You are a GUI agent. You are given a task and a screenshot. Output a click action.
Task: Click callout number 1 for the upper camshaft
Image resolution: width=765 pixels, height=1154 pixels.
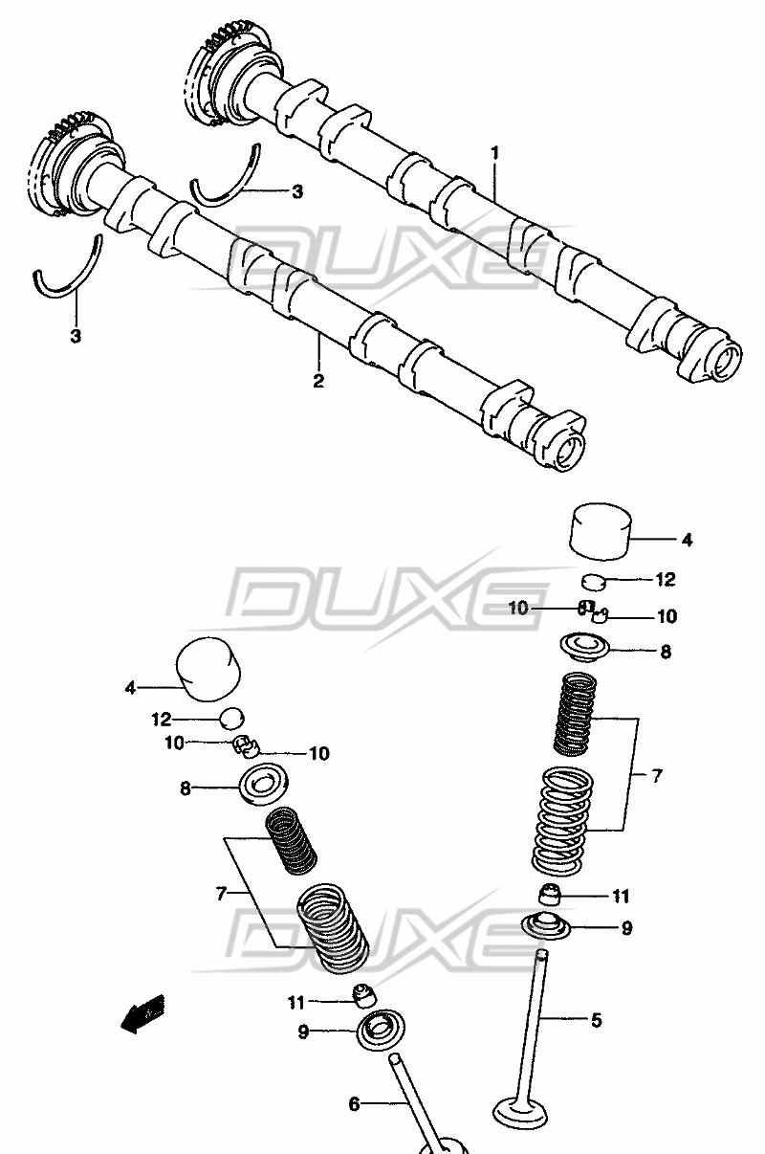pyautogui.click(x=494, y=153)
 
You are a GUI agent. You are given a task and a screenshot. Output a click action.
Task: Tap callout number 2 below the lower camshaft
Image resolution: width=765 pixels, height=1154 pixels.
pyautogui.click(x=318, y=381)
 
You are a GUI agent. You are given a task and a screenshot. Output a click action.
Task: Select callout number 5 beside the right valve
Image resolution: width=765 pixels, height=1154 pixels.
pyautogui.click(x=596, y=1019)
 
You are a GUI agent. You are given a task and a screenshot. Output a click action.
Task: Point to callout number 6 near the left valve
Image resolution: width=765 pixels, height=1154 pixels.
pyautogui.click(x=354, y=1104)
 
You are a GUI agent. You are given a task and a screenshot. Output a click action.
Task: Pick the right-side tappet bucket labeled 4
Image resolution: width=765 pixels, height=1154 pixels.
pyautogui.click(x=601, y=531)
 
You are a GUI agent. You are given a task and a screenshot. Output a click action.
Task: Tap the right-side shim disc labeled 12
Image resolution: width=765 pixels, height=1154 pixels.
pyautogui.click(x=594, y=581)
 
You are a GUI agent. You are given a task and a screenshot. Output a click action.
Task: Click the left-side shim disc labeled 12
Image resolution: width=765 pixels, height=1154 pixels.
pyautogui.click(x=231, y=719)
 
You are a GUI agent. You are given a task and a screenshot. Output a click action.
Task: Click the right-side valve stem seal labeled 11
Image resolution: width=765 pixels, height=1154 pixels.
pyautogui.click(x=551, y=895)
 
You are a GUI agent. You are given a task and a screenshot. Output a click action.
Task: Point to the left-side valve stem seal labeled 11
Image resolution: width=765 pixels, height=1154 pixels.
pyautogui.click(x=364, y=996)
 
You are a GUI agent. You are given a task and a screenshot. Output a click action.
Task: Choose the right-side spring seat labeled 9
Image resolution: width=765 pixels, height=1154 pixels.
pyautogui.click(x=547, y=927)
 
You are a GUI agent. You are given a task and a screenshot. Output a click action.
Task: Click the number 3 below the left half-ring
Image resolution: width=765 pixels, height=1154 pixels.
pyautogui.click(x=76, y=337)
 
